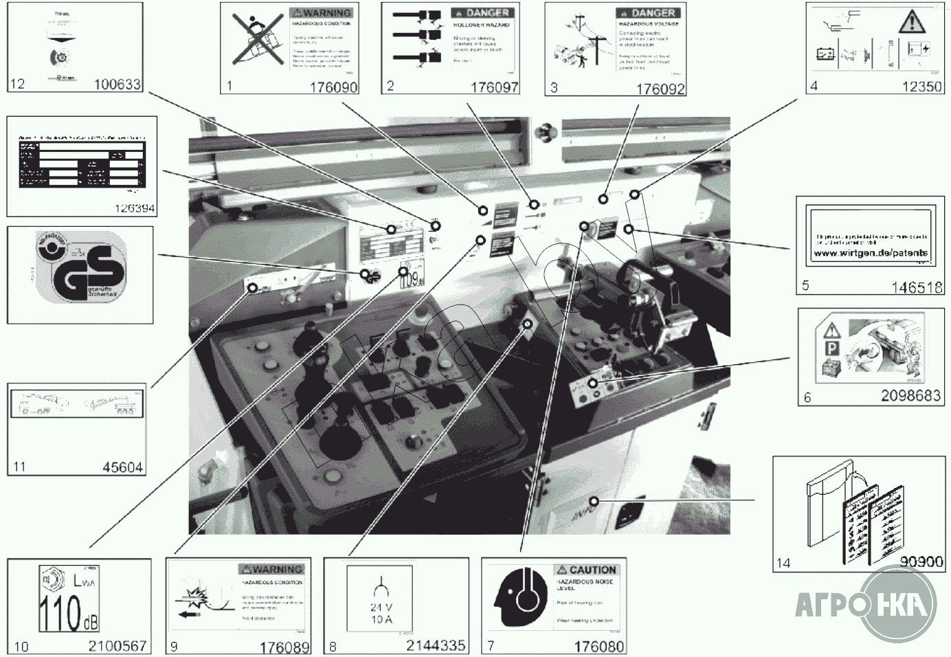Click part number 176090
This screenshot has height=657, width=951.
coord(333,87)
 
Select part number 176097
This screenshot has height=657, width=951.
coord(494,87)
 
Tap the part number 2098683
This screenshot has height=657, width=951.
coord(910,396)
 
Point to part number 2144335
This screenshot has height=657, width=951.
coord(435,645)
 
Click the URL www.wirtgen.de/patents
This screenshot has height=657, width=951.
coord(870,253)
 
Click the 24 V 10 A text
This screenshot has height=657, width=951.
coord(381,613)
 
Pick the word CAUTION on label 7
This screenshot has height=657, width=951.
coord(592,570)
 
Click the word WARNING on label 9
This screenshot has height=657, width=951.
coord(277,570)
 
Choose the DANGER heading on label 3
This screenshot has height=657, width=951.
coord(653,13)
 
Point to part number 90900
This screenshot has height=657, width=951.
coord(921,561)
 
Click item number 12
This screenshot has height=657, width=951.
coord(17,84)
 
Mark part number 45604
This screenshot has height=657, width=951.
coord(122,467)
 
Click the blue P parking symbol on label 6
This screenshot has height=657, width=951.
coord(831,350)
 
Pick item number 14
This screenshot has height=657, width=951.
coord(783,563)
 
